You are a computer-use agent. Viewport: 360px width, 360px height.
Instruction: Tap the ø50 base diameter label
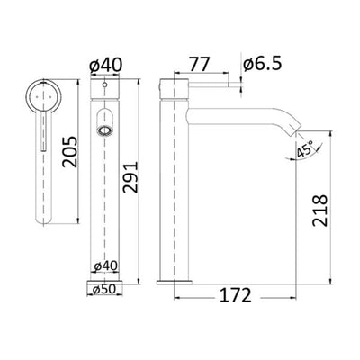[106, 291]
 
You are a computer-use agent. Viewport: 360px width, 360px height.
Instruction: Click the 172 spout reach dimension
[238, 294]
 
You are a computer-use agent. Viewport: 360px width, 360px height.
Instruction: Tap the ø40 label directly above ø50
[106, 266]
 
